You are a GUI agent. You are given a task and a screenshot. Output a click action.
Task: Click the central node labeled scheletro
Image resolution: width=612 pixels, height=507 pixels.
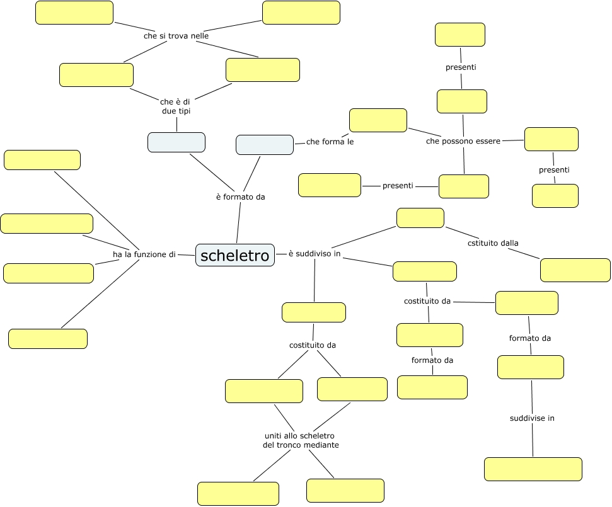[x=234, y=256]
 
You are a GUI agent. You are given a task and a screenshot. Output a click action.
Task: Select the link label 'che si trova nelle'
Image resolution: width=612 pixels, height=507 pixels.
[x=176, y=36]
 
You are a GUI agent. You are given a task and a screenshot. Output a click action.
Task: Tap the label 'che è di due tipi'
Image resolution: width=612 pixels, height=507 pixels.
[x=175, y=106]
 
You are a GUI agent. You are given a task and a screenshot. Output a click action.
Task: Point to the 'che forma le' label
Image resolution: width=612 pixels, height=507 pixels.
[x=330, y=142]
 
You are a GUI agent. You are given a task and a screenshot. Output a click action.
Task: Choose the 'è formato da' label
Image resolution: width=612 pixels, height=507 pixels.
[x=240, y=197]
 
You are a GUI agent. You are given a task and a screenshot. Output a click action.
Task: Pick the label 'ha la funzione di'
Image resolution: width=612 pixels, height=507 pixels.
[x=144, y=254]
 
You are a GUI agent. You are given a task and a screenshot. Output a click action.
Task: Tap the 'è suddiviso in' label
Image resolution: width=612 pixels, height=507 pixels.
[x=315, y=254]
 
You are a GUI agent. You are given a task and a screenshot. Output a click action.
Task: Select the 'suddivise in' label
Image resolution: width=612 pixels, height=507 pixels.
[x=532, y=418]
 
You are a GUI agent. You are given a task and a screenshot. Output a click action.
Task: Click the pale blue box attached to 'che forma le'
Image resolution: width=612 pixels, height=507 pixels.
[x=265, y=145]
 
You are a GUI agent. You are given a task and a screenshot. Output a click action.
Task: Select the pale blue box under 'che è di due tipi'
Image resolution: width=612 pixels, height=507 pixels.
[x=176, y=142]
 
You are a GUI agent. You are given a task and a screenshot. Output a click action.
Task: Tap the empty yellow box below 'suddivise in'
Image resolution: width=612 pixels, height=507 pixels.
[x=533, y=469]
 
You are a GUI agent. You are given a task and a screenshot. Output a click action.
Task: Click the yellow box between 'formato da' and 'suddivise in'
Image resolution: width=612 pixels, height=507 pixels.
[x=530, y=367]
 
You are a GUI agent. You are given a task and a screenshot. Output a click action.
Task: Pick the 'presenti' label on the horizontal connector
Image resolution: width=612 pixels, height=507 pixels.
[x=398, y=186]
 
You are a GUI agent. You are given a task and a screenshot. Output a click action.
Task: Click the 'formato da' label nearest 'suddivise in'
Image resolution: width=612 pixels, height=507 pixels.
[x=530, y=338]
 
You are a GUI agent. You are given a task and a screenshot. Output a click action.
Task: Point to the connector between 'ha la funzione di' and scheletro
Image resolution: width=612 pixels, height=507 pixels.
[x=186, y=255]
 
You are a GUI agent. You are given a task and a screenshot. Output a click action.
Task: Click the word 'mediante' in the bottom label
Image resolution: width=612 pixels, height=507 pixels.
[x=322, y=445]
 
